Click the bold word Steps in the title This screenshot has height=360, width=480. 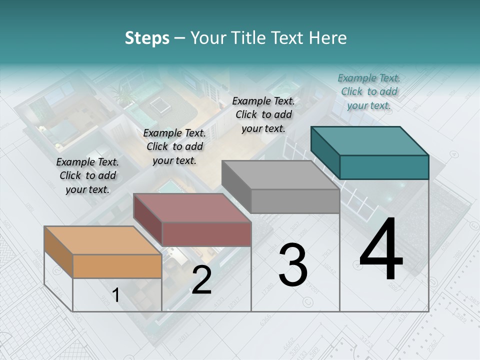coord(147,38)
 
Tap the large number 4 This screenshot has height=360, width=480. coord(381,250)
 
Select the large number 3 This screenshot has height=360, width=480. coord(293,265)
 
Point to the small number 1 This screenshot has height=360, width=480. coord(116,295)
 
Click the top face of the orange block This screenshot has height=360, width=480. coord(102,240)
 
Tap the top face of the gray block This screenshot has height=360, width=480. coord(280,175)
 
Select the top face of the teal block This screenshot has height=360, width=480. coord(369,141)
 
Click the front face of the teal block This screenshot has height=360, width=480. coord(384,167)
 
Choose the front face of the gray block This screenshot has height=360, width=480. coord(295,201)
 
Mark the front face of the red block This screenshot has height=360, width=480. coord(206,234)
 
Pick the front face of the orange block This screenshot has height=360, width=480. coord(117,266)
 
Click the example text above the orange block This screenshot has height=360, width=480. coord(87,175)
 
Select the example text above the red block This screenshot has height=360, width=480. coord(174,146)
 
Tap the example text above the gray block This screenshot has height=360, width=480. coord(263,114)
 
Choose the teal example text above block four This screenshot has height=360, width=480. coord(369,91)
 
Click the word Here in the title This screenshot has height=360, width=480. coord(328,38)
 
